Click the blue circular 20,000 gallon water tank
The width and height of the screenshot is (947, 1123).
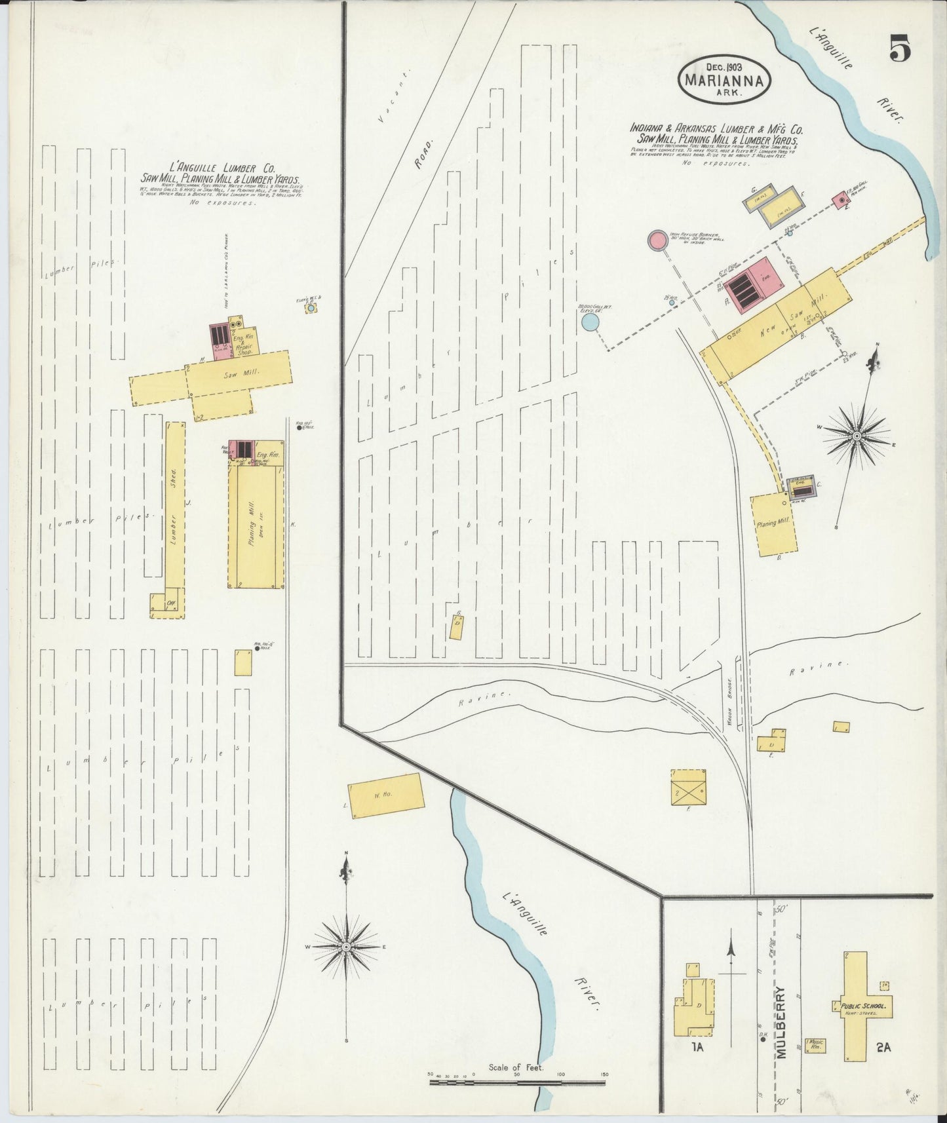point(590,322)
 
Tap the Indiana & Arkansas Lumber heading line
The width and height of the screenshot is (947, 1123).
point(716,129)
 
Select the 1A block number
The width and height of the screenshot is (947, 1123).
point(696,1065)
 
